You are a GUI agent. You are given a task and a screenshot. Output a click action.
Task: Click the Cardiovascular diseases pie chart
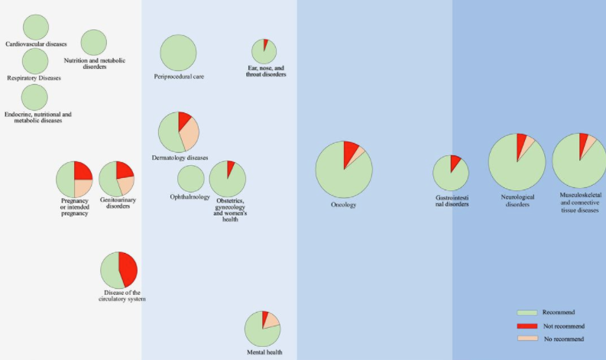coord(35,28)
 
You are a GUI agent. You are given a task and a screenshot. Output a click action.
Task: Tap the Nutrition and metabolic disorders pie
coord(93,43)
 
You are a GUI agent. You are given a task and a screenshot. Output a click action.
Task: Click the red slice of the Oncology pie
coord(350,151)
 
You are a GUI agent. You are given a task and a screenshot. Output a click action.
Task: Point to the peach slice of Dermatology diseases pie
coord(188,135)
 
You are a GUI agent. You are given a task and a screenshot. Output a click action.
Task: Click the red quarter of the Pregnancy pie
coord(83,170)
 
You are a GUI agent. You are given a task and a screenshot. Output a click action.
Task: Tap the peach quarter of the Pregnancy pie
coord(83,188)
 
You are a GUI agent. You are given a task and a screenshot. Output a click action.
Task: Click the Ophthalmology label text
coord(190,197)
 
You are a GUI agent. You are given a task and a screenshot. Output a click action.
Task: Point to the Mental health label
coord(264,352)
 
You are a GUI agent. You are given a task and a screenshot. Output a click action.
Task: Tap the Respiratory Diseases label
coord(34,78)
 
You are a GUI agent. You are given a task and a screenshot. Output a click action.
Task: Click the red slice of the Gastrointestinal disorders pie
coord(455,162)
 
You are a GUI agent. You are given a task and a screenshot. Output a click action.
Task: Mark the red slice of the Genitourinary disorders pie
coord(124,169)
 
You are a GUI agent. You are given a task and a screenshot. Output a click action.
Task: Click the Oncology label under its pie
coord(343,205)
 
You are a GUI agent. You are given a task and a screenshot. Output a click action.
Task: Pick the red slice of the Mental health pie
coord(264,318)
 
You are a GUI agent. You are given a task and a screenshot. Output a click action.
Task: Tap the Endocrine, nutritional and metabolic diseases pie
coord(34,97)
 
